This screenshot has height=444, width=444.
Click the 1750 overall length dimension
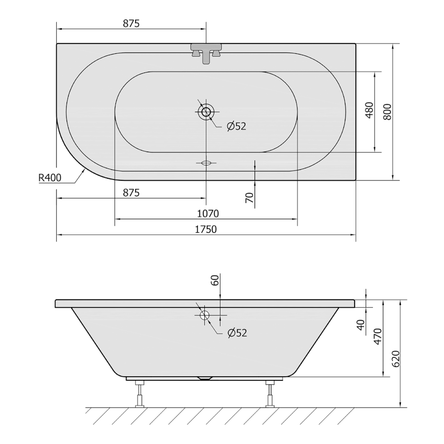[206, 229]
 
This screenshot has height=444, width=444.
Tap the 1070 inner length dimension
[208, 213]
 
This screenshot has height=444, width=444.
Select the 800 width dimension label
[388, 112]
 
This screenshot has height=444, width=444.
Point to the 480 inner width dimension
[370, 110]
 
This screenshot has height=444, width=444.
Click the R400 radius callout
[50, 178]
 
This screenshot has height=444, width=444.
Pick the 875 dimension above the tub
[131, 23]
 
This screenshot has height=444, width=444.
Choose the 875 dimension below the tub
[131, 193]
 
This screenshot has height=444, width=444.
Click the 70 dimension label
[249, 198]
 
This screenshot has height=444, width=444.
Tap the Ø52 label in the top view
[237, 126]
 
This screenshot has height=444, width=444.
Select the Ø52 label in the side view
[237, 332]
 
